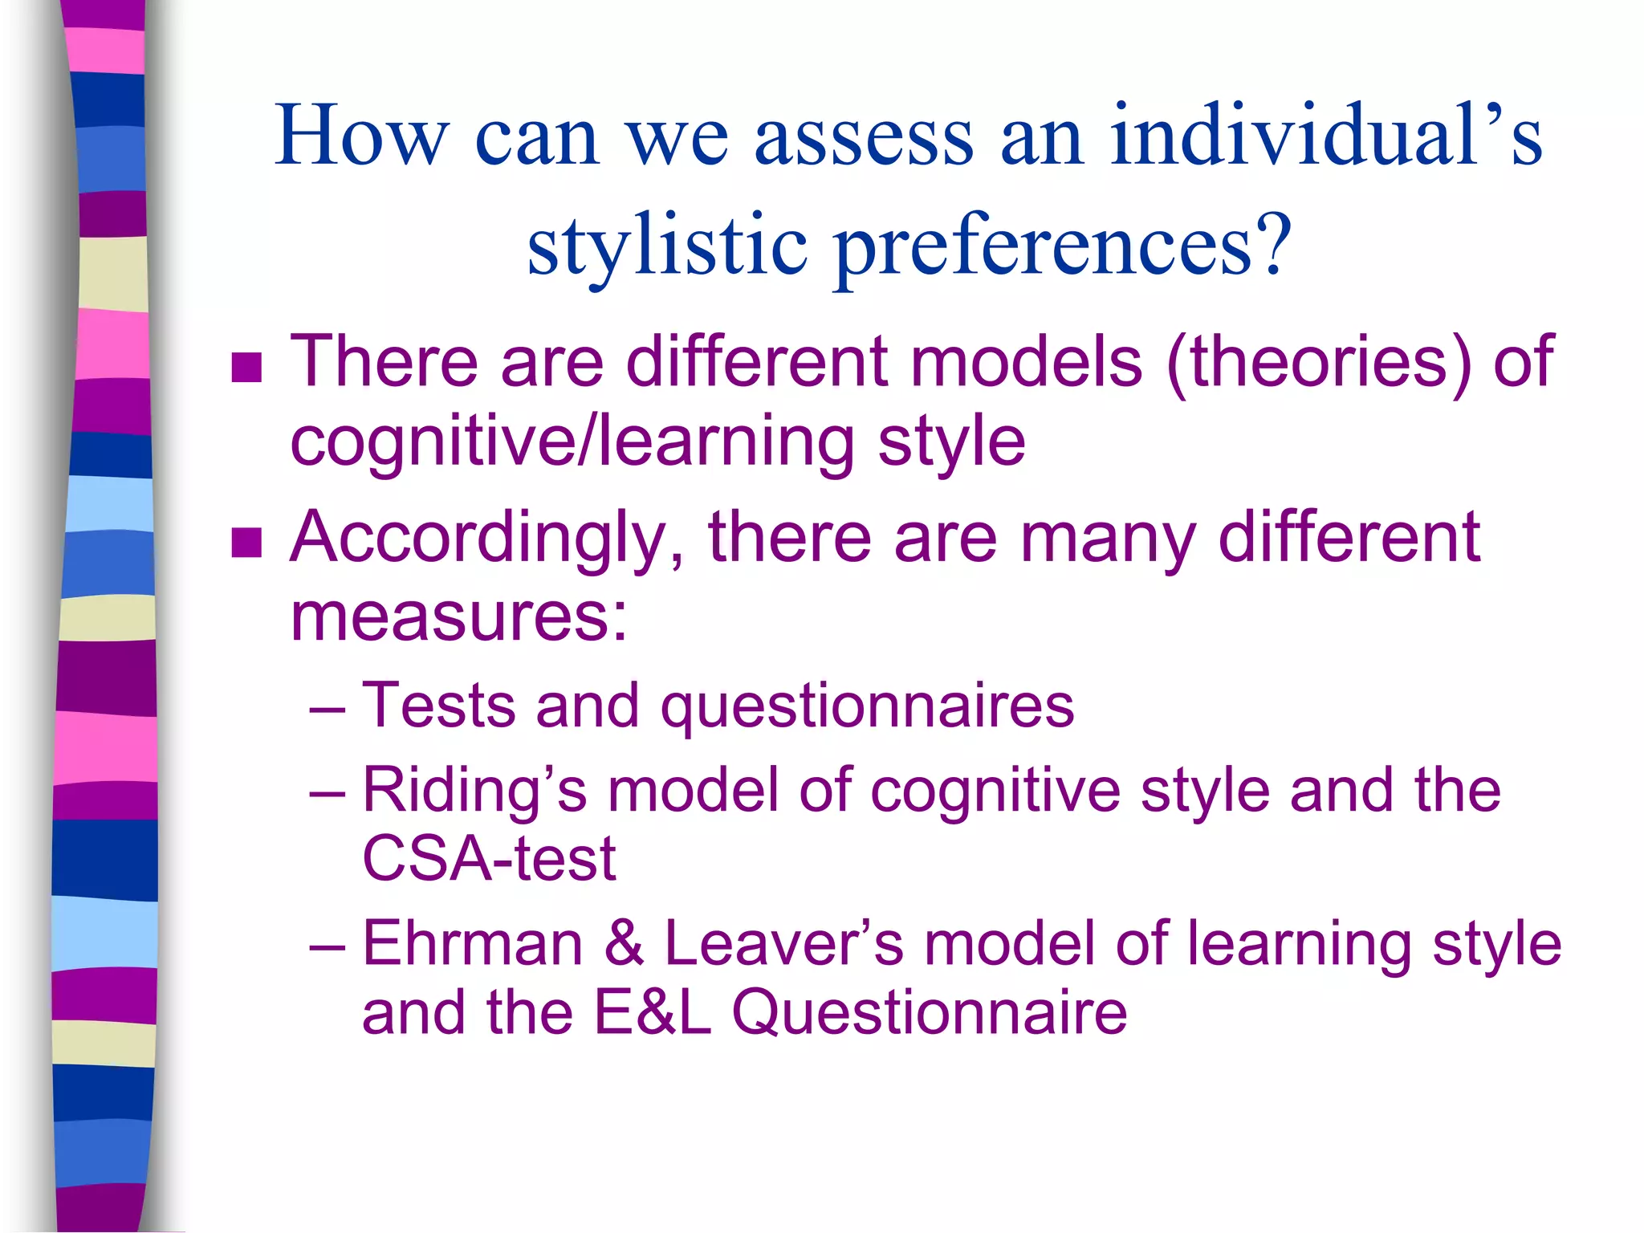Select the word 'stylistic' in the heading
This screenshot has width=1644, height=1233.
point(666,247)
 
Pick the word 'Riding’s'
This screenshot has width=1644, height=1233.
point(474,791)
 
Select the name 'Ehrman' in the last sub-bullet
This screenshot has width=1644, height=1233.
point(472,943)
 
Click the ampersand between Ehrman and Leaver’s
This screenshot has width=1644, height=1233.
point(624,943)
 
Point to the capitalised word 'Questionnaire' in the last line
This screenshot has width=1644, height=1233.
point(929,1012)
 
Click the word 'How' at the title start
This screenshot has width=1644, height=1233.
point(360,136)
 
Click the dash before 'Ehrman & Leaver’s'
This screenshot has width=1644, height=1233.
point(327,947)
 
